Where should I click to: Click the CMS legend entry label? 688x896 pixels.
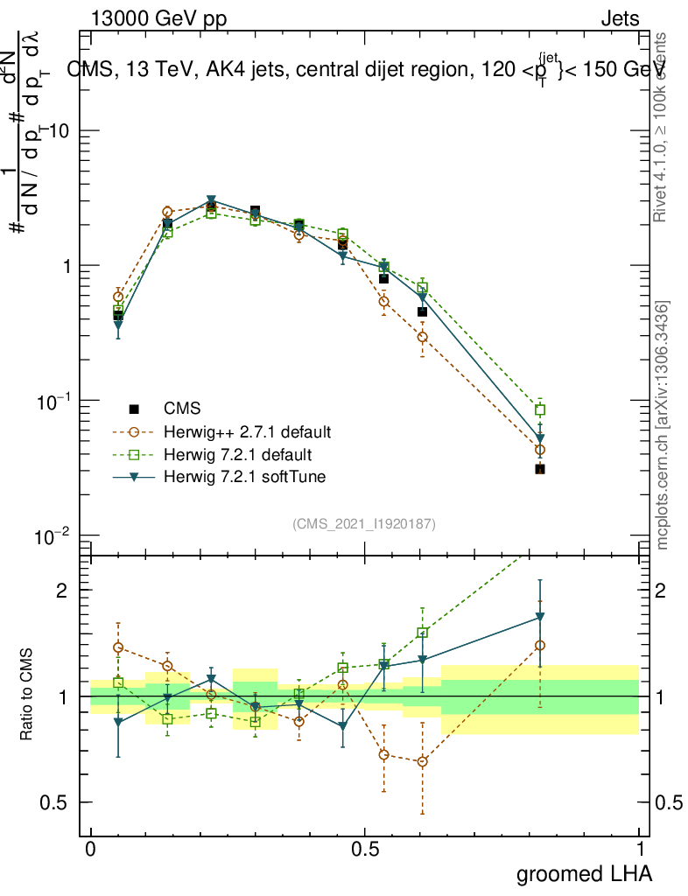182,409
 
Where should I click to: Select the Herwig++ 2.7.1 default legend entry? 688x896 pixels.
247,432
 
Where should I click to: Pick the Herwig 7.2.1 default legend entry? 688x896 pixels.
238,455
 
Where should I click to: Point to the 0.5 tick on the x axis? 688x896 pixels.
365,850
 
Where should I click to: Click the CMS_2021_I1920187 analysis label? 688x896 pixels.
364,524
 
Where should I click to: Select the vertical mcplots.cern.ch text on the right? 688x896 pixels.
663,426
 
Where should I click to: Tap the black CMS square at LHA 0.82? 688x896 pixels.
540,470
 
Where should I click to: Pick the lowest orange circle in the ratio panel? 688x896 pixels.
423,761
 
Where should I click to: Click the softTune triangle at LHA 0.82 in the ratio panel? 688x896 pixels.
540,618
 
